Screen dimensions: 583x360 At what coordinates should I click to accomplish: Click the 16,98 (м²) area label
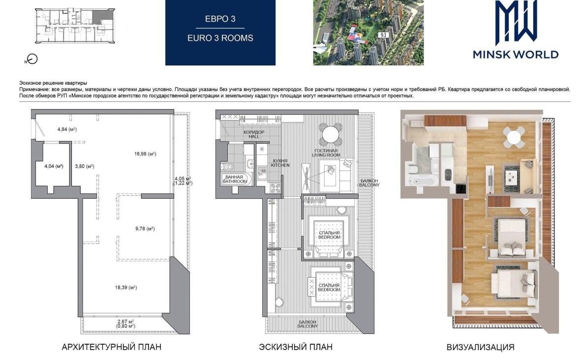(145, 154)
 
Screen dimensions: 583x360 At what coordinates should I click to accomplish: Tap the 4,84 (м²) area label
(67, 129)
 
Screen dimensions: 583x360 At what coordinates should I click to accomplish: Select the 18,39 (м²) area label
(126, 287)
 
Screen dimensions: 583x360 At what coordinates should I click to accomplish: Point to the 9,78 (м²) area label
(145, 229)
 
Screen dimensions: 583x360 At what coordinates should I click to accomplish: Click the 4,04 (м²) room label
(54, 166)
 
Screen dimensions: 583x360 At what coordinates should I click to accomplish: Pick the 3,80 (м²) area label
(85, 166)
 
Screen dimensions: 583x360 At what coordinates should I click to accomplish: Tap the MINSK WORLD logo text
(516, 55)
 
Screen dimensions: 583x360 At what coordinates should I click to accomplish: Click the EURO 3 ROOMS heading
(220, 38)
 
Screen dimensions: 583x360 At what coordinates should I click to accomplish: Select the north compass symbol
(32, 59)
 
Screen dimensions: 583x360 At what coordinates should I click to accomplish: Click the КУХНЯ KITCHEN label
(280, 163)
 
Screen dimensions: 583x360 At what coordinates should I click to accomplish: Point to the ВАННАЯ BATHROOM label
(234, 179)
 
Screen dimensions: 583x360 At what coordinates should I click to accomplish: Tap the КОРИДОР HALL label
(254, 134)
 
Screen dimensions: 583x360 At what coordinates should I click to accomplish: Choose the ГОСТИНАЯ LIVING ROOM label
(327, 152)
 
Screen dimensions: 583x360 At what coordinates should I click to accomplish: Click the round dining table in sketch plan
(330, 134)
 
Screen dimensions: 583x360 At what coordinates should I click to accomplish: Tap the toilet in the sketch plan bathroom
(226, 166)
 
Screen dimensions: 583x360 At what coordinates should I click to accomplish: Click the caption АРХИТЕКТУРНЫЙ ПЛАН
(112, 347)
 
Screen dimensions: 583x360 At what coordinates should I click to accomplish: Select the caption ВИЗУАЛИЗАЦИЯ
(480, 347)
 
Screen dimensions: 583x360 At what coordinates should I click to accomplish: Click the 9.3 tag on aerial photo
(383, 35)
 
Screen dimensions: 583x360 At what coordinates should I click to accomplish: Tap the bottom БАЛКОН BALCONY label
(307, 324)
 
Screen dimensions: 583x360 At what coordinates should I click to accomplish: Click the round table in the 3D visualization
(514, 138)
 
